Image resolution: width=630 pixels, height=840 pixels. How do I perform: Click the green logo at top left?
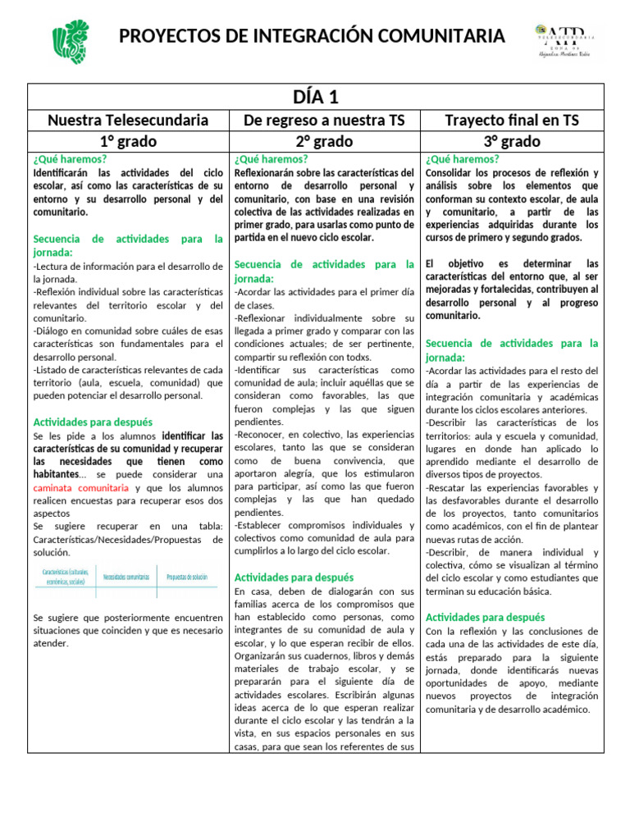[69, 42]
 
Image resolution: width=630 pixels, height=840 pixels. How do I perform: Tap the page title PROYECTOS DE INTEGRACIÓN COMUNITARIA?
[312, 36]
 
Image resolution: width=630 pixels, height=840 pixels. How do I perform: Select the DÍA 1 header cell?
[316, 97]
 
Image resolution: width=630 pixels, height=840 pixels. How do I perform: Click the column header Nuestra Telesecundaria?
[128, 121]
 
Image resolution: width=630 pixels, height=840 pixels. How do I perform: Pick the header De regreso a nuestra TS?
[324, 121]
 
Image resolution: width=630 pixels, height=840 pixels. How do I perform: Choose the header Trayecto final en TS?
[512, 121]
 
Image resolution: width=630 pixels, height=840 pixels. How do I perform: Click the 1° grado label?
[128, 141]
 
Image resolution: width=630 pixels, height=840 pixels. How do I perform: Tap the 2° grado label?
[324, 141]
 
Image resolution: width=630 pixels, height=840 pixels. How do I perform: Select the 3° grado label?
[512, 141]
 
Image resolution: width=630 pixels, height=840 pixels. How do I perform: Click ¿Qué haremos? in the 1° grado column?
[70, 159]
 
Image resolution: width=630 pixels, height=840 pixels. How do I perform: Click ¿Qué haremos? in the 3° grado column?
[462, 159]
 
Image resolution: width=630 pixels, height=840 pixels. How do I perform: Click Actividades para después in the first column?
[93, 422]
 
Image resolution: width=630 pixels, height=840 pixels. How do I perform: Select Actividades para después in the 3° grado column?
[486, 616]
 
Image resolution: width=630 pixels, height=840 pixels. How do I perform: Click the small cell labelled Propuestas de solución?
[187, 577]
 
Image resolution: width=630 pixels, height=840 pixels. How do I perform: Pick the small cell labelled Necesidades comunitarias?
[126, 577]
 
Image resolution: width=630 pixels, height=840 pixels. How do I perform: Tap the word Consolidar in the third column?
[452, 173]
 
